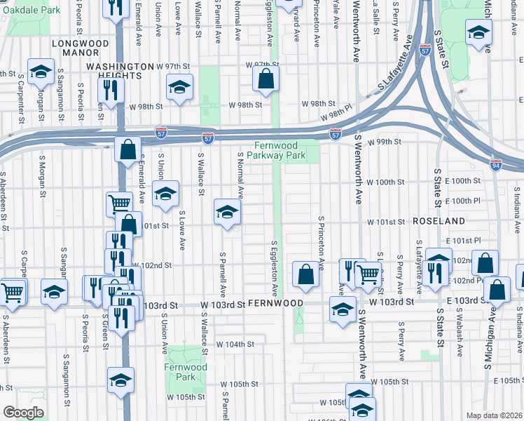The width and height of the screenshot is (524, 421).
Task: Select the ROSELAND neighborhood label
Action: (439, 221)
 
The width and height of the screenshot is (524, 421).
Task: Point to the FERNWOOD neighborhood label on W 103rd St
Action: (275, 303)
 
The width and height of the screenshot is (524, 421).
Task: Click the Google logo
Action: (24, 413)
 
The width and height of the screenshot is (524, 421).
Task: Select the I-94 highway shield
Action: (495, 166)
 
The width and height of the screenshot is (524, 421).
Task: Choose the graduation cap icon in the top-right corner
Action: (479, 32)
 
